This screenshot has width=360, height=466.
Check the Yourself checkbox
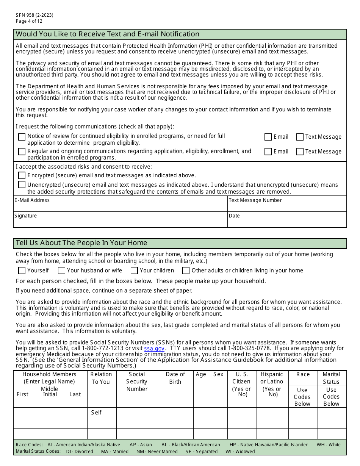[x=22, y=271]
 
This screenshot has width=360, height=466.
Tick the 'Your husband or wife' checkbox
[x=61, y=271]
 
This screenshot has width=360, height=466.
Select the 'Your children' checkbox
[x=134, y=271]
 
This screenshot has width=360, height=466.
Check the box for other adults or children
[x=186, y=271]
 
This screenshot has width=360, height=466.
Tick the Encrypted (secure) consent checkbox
[x=22, y=175]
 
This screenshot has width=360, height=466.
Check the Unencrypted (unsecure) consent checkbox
[x=22, y=185]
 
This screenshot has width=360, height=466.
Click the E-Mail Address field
[x=120, y=206]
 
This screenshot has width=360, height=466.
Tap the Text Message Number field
[x=287, y=206]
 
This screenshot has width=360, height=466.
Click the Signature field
[x=120, y=222]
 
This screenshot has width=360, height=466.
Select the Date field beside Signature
[x=287, y=222]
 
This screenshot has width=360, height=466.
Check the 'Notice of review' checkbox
[x=22, y=137]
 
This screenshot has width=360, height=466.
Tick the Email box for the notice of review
[x=268, y=137]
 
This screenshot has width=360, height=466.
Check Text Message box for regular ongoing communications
[x=300, y=152]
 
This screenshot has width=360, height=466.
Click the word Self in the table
[x=96, y=413]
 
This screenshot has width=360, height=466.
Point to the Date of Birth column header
[x=175, y=378]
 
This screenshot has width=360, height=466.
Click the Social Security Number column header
[x=137, y=382]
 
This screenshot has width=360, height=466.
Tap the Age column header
[x=201, y=375]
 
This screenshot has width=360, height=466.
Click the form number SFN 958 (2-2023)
[x=34, y=15]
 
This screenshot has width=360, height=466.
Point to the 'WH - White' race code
[x=329, y=445]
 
